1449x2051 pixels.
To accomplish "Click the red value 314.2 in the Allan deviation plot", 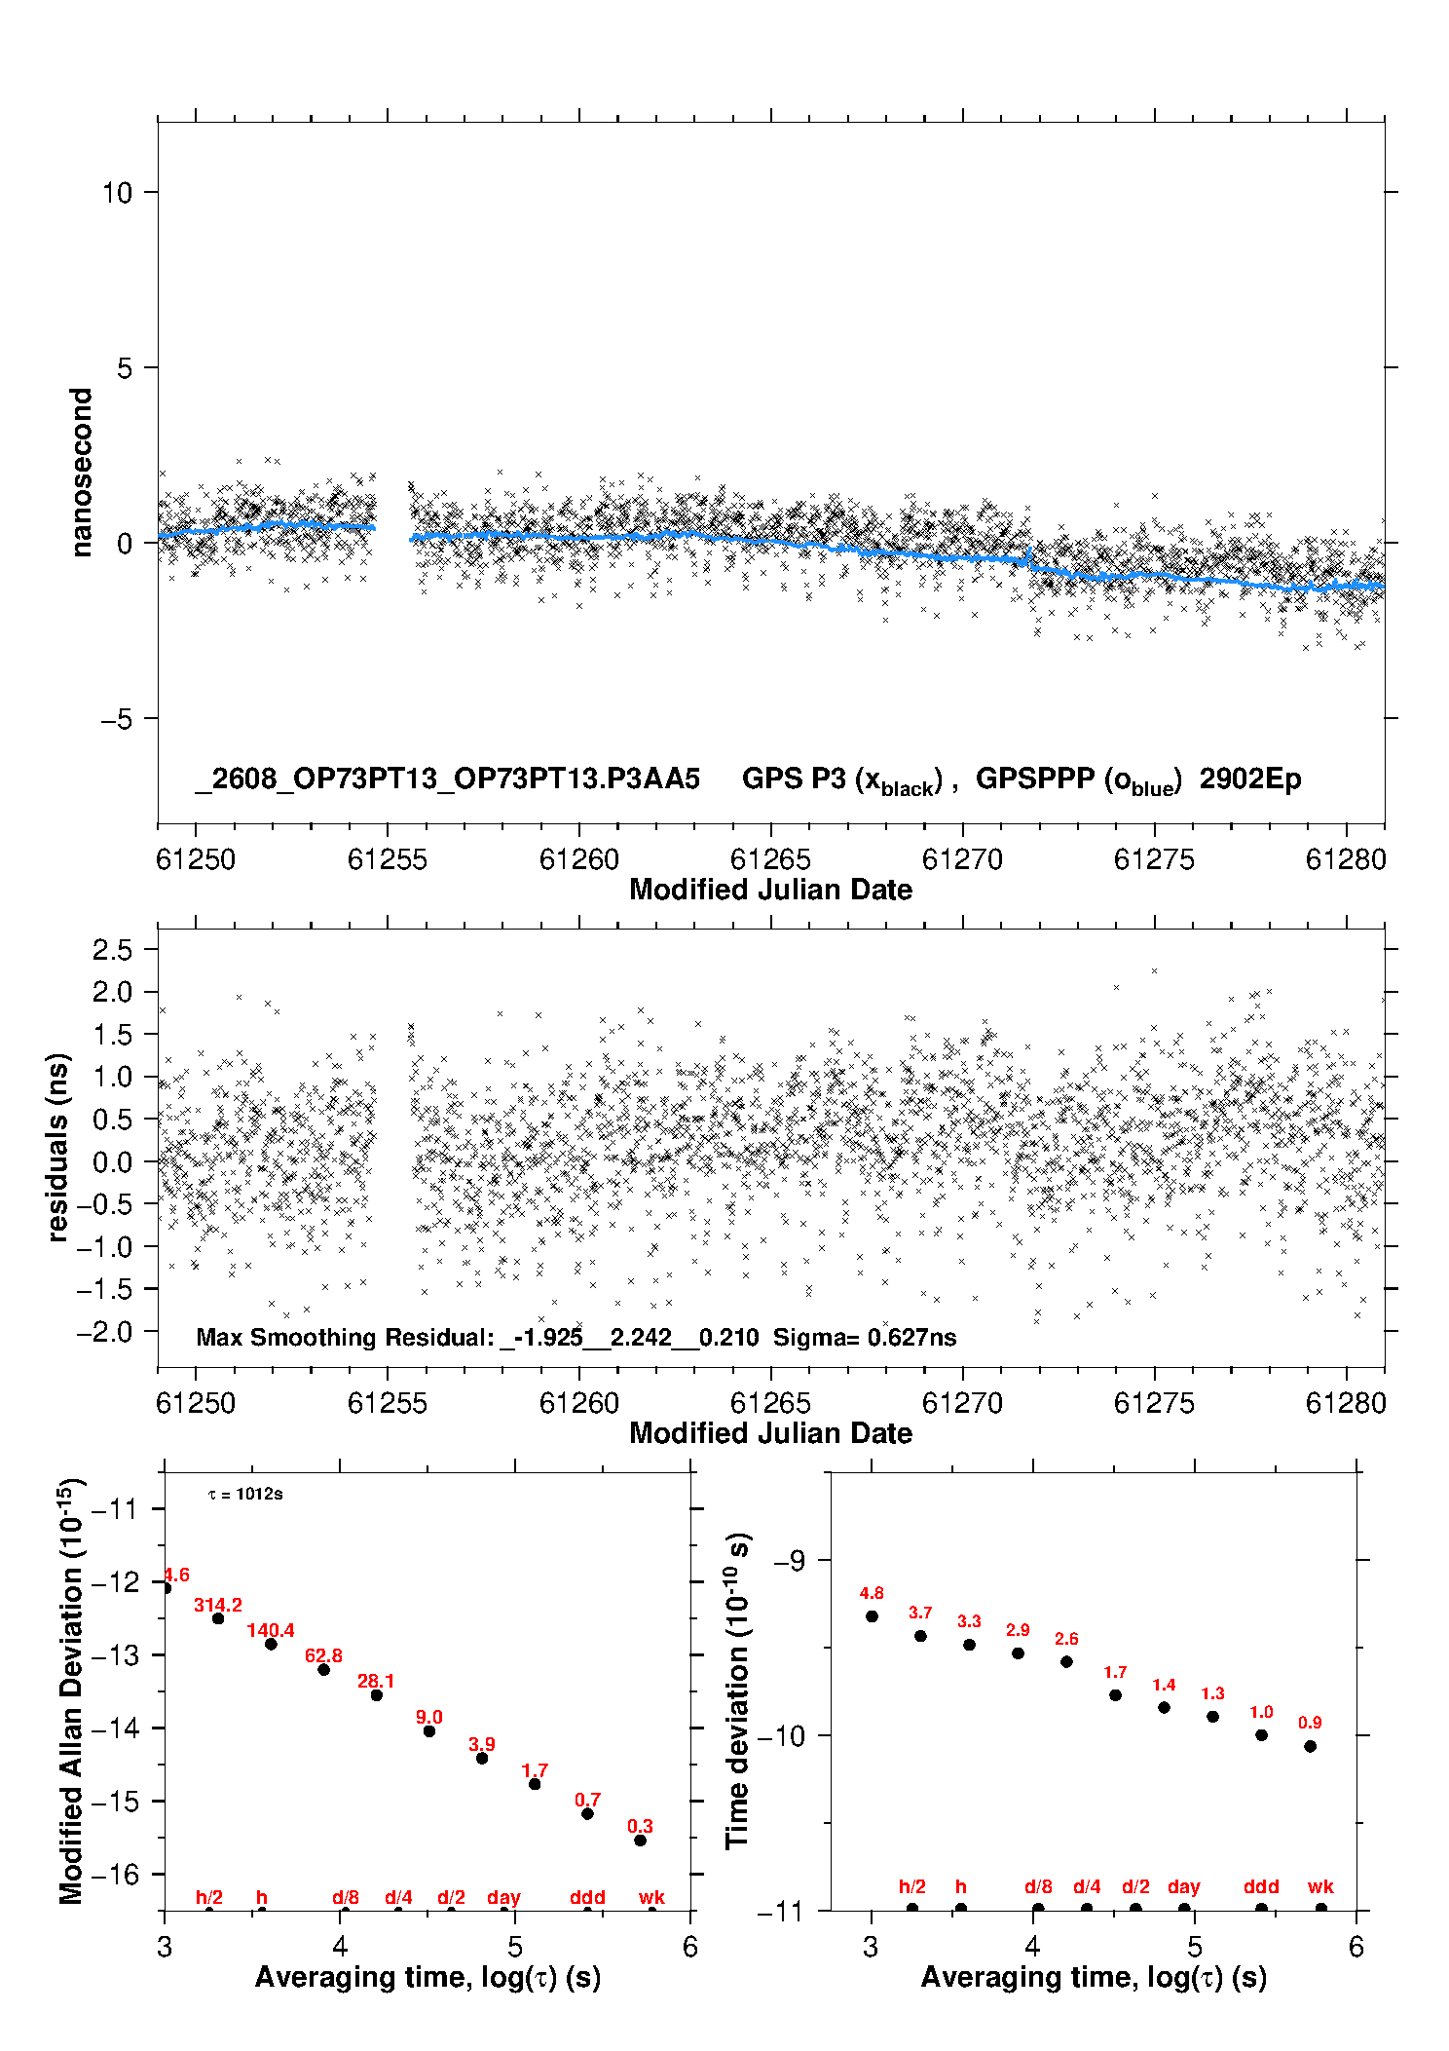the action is (x=218, y=1605).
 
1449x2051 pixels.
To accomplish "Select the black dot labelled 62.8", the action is (x=324, y=1670).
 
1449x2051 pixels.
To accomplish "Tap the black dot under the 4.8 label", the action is (x=872, y=1616).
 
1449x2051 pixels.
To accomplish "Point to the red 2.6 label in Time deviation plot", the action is (x=1066, y=1639).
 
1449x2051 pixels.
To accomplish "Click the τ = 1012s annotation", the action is (x=245, y=1495).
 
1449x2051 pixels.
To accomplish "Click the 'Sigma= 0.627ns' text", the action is (x=865, y=1337).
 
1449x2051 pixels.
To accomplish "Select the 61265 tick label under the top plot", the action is (x=770, y=859).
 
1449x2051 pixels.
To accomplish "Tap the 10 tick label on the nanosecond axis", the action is (x=117, y=192).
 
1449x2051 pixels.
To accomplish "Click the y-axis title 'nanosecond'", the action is (x=81, y=473).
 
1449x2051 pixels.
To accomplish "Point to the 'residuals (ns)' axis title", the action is (x=58, y=1147).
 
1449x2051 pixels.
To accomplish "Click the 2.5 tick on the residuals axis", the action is (x=112, y=949).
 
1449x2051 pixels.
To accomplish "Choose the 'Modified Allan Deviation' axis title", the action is (x=70, y=1690).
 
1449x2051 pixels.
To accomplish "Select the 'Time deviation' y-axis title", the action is (x=737, y=1691).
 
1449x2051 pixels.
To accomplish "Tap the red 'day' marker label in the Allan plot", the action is (x=503, y=1897).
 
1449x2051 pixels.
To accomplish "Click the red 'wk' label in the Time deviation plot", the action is (x=1320, y=1887).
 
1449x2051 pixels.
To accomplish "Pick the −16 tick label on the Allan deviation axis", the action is (x=115, y=1875).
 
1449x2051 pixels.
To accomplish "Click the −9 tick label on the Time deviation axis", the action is (x=790, y=1561).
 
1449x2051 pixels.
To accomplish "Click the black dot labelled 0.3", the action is (x=641, y=1841).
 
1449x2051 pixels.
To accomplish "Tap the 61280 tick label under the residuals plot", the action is (x=1346, y=1403).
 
